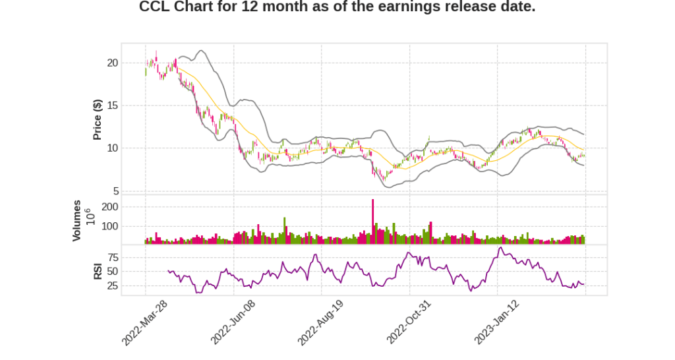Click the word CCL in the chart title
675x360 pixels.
156,7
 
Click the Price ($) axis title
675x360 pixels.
98,119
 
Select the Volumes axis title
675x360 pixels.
77,220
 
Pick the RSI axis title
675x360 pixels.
98,270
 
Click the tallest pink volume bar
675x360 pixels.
373,222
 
